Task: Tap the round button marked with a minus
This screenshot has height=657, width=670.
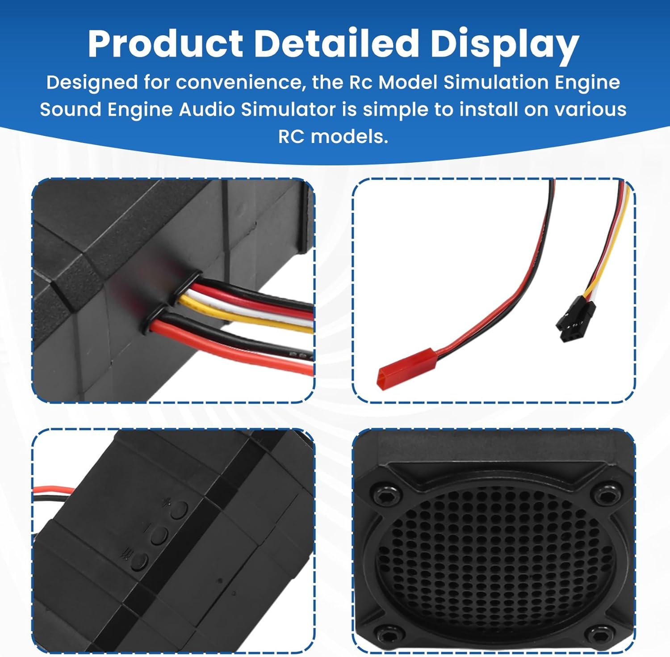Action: tap(159, 535)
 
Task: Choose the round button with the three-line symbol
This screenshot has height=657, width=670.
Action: tap(140, 561)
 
